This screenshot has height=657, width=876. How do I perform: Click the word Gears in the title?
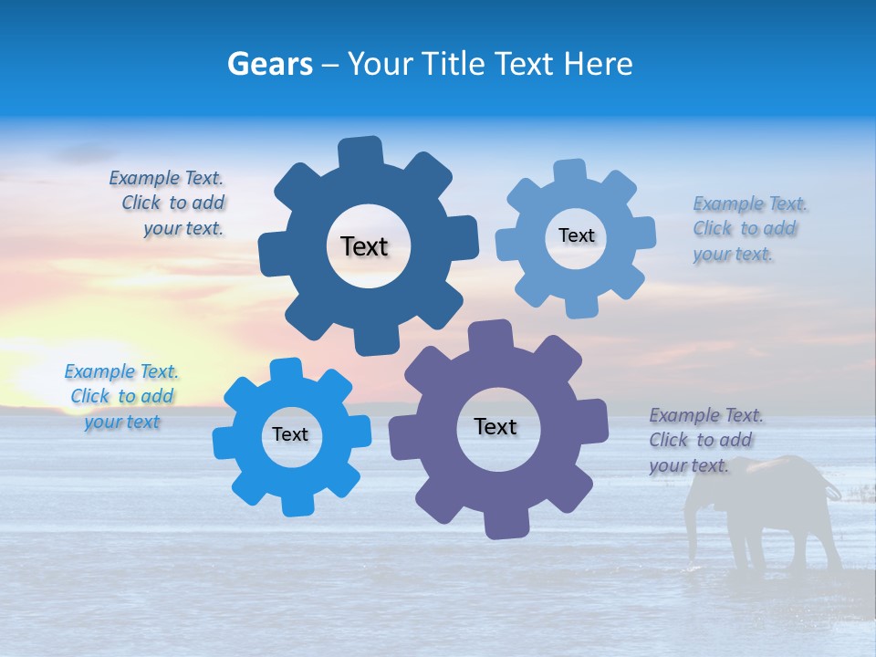(267, 64)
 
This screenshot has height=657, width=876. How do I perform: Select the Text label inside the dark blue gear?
(364, 246)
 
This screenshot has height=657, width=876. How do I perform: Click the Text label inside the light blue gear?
(576, 235)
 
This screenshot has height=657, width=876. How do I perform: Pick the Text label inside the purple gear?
(495, 426)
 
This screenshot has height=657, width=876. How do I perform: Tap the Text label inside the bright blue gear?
(290, 434)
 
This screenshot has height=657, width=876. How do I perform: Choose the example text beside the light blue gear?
(746, 229)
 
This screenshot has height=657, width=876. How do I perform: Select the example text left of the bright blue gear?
(122, 397)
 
